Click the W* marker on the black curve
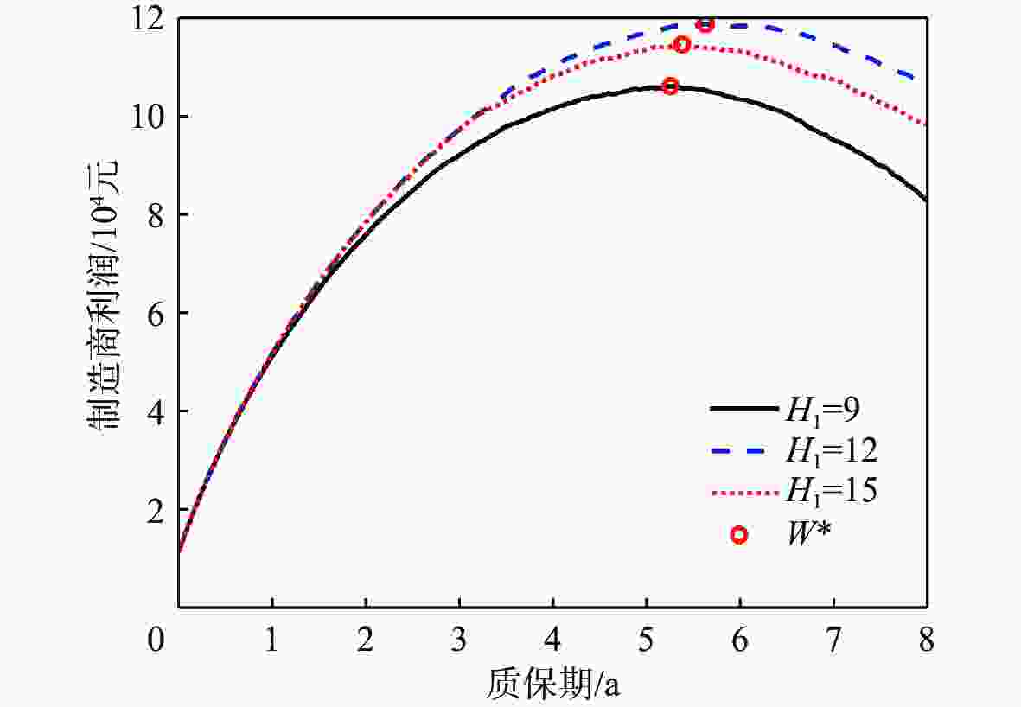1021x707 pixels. (670, 86)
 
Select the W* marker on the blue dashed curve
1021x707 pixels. (705, 24)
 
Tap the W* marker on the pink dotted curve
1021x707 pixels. (681, 44)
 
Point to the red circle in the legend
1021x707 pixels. (738, 535)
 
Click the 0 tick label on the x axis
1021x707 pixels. (155, 641)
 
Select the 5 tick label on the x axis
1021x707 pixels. (647, 641)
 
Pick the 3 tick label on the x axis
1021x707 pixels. (459, 641)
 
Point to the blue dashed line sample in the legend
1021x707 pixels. (739, 450)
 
